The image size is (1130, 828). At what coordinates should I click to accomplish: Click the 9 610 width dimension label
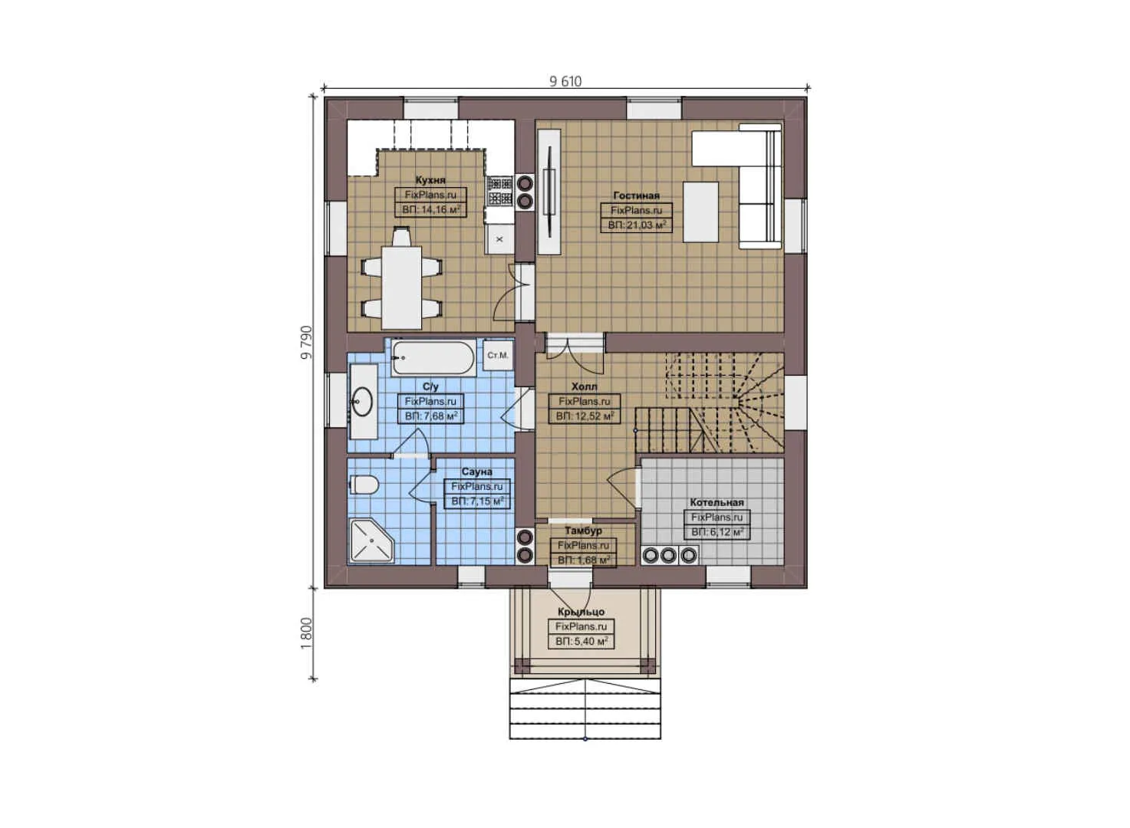[x=565, y=81]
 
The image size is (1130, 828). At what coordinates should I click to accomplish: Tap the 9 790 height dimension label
[x=307, y=343]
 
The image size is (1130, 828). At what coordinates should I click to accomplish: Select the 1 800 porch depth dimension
[x=307, y=633]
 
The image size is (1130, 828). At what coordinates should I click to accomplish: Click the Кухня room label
[x=430, y=180]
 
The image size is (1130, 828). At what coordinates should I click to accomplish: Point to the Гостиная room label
[x=636, y=195]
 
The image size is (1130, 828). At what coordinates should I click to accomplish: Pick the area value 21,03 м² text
[x=636, y=225]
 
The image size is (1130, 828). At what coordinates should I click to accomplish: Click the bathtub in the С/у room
[x=433, y=357]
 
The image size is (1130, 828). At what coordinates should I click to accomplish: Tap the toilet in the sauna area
[x=364, y=485]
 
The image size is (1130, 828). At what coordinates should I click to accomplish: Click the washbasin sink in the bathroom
[x=362, y=400]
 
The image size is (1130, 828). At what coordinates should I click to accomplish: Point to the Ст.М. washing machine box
[x=498, y=356]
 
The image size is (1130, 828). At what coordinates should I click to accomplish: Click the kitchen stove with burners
[x=500, y=191]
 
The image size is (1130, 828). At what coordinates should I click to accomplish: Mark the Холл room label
[x=584, y=387]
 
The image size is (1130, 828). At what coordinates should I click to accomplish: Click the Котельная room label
[x=717, y=502]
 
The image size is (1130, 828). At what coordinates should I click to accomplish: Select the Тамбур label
[x=583, y=531]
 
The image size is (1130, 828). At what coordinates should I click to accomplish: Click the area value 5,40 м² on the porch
[x=581, y=641]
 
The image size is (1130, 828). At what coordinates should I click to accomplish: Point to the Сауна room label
[x=476, y=472]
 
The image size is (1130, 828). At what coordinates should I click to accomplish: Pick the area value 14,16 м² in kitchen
[x=430, y=209]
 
